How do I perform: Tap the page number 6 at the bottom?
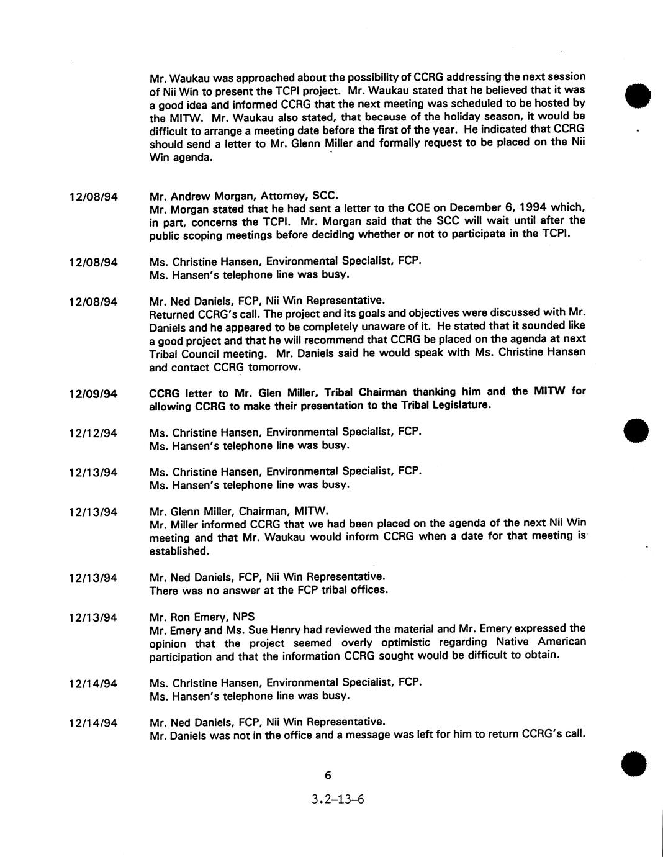[328, 775]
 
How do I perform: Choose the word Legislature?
[459, 406]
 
